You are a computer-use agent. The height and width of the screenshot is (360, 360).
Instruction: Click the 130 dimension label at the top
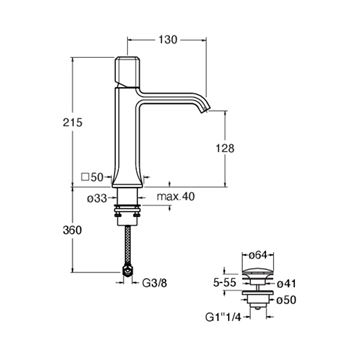pyautogui.click(x=167, y=40)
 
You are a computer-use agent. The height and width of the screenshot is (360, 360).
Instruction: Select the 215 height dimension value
pyautogui.click(x=72, y=122)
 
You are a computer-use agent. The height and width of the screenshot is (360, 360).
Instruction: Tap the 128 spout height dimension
pyautogui.click(x=225, y=148)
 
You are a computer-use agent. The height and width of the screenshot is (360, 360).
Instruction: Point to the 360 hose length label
pyautogui.click(x=72, y=230)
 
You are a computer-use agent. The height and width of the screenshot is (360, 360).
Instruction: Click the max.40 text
pyautogui.click(x=176, y=197)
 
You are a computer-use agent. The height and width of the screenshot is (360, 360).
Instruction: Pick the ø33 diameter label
pyautogui.click(x=97, y=199)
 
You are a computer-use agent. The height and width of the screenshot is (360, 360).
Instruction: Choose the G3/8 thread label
pyautogui.click(x=155, y=283)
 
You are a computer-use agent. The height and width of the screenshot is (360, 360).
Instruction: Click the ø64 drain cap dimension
pyautogui.click(x=257, y=256)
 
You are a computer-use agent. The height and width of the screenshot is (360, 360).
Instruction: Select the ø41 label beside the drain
pyautogui.click(x=286, y=283)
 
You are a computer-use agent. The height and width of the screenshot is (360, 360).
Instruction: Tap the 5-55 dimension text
pyautogui.click(x=225, y=283)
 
